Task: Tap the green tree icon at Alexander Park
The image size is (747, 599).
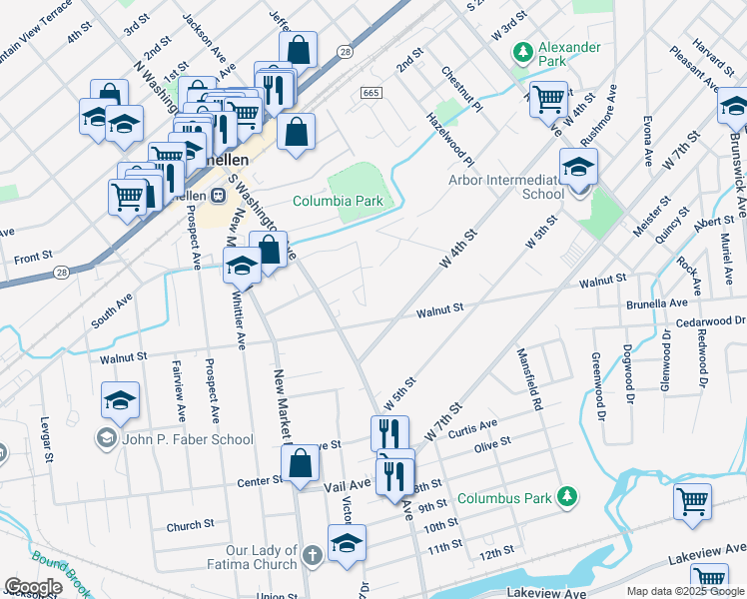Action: [x=520, y=50]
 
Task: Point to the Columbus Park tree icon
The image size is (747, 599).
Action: [x=567, y=496]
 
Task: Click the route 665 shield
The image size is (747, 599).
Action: [x=371, y=93]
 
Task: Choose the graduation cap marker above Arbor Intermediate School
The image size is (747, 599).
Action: [x=578, y=167]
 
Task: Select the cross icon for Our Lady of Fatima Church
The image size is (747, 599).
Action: [x=312, y=554]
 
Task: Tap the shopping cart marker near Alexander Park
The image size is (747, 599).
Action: [x=548, y=99]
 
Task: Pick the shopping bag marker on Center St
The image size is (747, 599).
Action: [x=301, y=464]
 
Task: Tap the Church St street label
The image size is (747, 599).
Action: [x=190, y=524]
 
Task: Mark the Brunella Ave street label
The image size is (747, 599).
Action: [x=656, y=302]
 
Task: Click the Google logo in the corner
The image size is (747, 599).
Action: [x=33, y=586]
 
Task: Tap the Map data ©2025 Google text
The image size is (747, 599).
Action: [x=684, y=591]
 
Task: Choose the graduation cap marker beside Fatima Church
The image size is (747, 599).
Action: [x=347, y=544]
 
